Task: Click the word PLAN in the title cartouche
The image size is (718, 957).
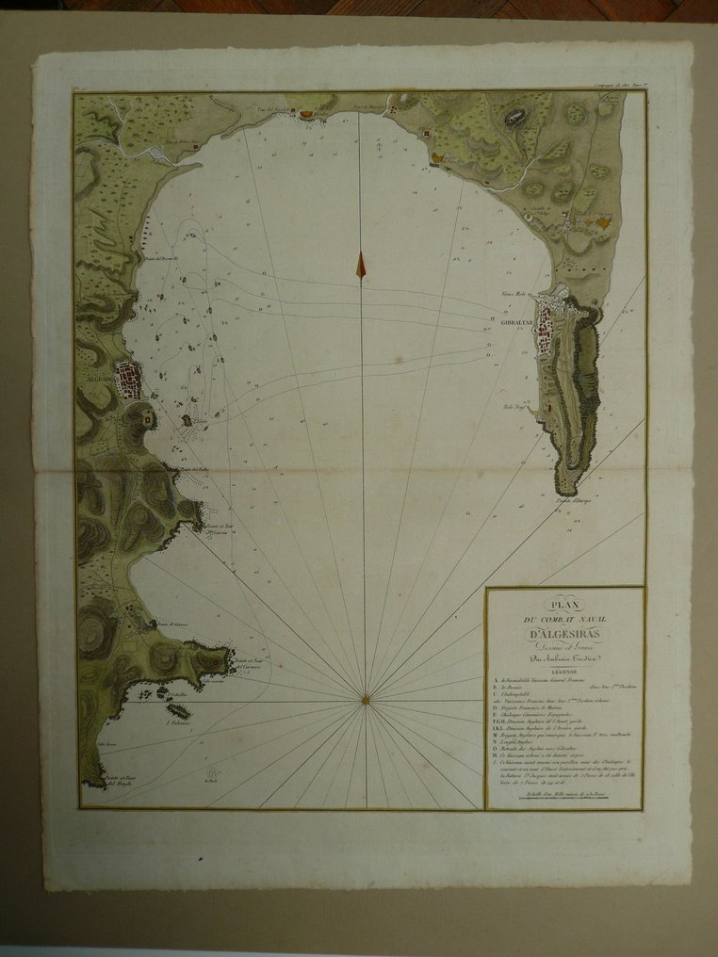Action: coord(563,605)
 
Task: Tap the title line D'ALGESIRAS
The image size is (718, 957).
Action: coord(563,631)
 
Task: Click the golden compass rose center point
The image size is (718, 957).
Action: coord(365,699)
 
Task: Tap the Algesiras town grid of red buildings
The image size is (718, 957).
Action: coord(128,380)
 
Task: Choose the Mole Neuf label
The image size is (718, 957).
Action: coord(517,408)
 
